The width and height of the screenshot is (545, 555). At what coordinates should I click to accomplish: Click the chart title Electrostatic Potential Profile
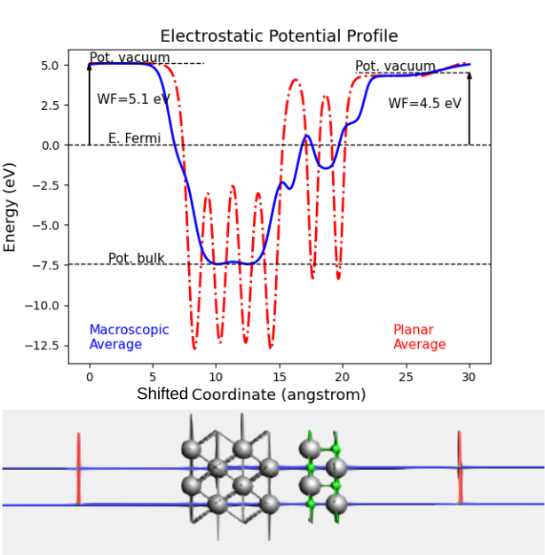pos(279,36)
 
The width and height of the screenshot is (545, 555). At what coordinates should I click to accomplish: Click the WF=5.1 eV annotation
pos(133,98)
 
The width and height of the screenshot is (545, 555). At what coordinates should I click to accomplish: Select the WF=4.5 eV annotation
pos(424,103)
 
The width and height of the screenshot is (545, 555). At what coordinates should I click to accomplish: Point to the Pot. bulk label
pos(136,258)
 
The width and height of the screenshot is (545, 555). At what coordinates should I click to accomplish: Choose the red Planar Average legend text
pos(419,337)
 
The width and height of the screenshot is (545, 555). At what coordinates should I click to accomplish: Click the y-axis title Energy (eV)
pos(11,207)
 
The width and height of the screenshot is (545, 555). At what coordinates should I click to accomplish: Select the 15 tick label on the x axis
pos(279,377)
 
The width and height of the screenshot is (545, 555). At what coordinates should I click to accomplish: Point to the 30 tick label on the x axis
pos(470,377)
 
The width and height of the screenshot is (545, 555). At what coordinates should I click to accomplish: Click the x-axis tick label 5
pos(152,377)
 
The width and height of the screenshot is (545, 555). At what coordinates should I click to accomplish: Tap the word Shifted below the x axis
pos(162,394)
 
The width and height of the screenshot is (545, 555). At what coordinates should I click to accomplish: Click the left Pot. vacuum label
pos(129,58)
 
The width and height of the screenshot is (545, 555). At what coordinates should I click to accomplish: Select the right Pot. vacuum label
pos(395,66)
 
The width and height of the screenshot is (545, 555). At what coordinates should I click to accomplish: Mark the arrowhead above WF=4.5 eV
pos(470,76)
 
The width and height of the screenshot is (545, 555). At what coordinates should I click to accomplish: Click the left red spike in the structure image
pos(78,467)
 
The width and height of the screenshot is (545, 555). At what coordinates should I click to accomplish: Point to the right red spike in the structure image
pos(459,467)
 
